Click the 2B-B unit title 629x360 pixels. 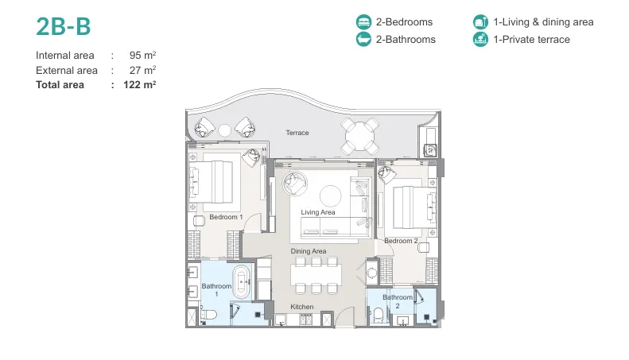(x=64, y=26)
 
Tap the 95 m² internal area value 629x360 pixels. (x=142, y=55)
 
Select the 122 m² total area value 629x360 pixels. (x=140, y=84)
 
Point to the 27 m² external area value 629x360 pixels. (x=142, y=70)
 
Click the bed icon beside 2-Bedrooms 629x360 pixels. (x=363, y=21)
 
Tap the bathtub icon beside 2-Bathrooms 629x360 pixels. (x=363, y=39)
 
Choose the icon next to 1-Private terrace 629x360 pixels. (x=480, y=39)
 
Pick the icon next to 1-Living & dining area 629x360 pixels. (x=480, y=21)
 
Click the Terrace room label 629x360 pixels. (x=297, y=133)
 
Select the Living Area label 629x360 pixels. (x=318, y=212)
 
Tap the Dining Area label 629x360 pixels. (x=308, y=251)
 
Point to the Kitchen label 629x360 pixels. (x=301, y=307)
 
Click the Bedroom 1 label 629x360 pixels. (x=226, y=217)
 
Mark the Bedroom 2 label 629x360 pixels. (x=401, y=241)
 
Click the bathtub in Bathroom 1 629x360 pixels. (x=241, y=282)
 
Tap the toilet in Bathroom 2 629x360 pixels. (x=379, y=315)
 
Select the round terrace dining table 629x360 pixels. (x=360, y=137)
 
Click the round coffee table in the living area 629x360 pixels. (x=331, y=196)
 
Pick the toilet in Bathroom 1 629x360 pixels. (x=208, y=315)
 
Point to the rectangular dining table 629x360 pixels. (x=316, y=275)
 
